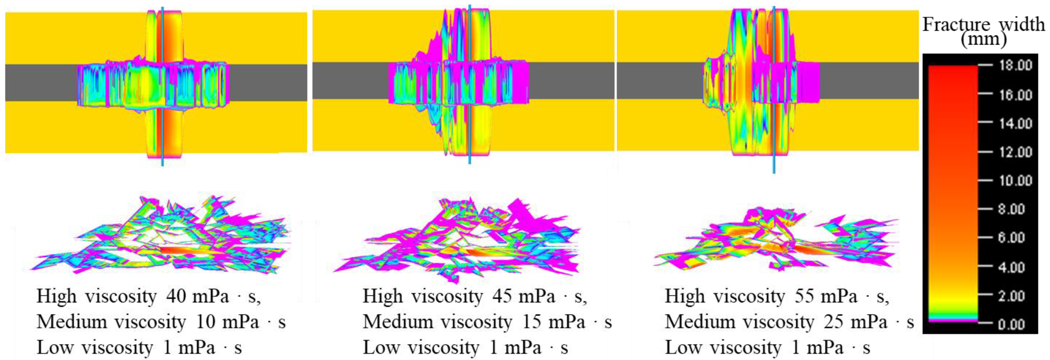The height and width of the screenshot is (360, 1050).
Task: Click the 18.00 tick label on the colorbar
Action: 1015,65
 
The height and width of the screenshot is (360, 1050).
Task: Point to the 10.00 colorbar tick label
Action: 1015,180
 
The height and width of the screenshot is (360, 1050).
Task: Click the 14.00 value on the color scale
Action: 1015,123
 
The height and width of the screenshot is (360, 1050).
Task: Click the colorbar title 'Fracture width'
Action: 984,24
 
